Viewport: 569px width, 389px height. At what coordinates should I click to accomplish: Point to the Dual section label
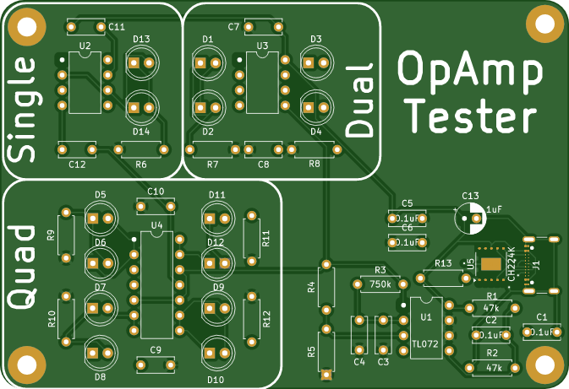tap(360, 100)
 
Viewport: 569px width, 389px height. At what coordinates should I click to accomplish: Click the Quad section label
tap(22, 266)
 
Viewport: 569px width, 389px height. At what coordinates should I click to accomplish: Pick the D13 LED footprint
tap(141, 62)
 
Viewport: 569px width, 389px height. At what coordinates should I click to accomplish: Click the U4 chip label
tap(156, 224)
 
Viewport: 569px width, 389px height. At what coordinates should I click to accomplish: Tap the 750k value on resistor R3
tap(380, 284)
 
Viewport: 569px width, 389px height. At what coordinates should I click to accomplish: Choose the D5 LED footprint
tap(101, 218)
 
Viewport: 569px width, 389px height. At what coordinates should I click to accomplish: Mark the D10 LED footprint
tap(216, 354)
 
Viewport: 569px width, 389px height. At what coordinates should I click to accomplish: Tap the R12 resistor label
tap(267, 319)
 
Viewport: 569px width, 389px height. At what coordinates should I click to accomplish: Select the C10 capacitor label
tap(156, 192)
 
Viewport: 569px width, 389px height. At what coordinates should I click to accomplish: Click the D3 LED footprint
tap(316, 62)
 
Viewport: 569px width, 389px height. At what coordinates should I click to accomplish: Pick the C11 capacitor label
tap(117, 28)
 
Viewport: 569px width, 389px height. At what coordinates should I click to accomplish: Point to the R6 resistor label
tap(141, 164)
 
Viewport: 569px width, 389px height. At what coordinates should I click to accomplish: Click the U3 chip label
tap(262, 45)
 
